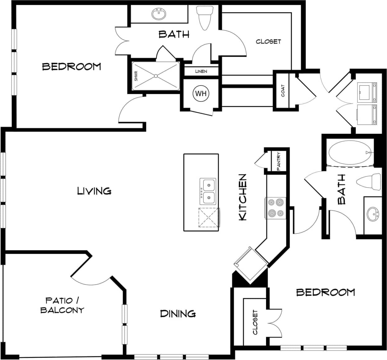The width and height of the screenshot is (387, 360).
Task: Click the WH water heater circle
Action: tap(201, 93)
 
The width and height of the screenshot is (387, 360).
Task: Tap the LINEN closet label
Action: tap(201, 71)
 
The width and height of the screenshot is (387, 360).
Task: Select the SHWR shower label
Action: tap(136, 76)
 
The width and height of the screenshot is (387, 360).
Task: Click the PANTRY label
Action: tap(279, 161)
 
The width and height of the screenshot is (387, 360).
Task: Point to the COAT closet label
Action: tap(283, 91)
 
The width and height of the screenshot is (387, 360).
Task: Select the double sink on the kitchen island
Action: tap(208, 191)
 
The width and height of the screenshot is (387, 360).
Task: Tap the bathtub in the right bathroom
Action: tap(350, 153)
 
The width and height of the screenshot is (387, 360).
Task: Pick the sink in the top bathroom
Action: tap(159, 14)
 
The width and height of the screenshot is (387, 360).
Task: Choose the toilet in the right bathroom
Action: tap(369, 182)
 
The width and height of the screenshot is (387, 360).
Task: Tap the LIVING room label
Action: tap(94, 191)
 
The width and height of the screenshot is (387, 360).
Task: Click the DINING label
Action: tap(178, 314)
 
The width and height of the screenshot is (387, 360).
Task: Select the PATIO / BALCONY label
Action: tap(62, 305)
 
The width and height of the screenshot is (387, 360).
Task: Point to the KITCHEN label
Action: tap(242, 197)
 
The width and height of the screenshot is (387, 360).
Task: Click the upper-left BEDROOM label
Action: tap(71, 66)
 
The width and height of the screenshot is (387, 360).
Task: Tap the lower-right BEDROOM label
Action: tap(325, 292)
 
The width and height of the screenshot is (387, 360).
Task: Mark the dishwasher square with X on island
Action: tap(209, 218)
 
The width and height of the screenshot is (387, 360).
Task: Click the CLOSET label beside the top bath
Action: tap(268, 41)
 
